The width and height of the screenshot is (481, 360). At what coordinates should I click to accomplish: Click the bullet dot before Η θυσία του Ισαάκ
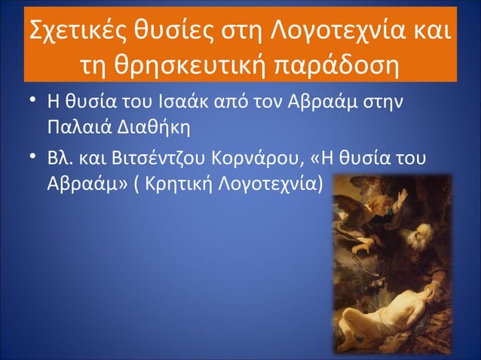pyautogui.click(x=29, y=102)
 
